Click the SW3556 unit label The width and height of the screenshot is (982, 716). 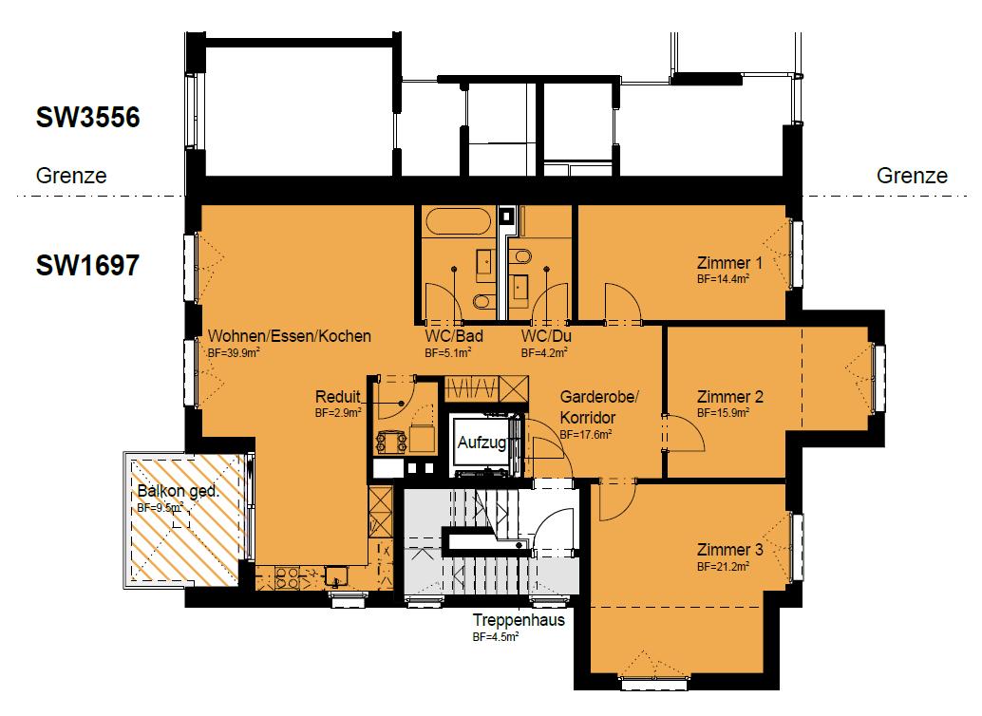87,118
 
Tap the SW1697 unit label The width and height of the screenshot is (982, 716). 87,265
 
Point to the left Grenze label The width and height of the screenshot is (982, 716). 71,176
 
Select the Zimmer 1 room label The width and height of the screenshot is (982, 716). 729,263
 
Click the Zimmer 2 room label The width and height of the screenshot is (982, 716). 730,397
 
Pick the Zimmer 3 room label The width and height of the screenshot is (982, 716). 730,550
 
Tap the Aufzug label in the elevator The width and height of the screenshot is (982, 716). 482,443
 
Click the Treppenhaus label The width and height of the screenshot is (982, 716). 519,620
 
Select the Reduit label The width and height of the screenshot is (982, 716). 338,397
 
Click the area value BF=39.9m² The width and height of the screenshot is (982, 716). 234,352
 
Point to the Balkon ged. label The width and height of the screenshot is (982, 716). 178,491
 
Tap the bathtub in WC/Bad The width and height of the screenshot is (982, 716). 459,221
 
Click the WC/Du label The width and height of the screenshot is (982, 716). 546,336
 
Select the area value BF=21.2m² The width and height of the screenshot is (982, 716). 724,567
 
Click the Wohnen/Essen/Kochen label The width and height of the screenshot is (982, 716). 290,336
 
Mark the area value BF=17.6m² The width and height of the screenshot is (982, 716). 586,434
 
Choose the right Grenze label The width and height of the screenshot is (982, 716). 912,176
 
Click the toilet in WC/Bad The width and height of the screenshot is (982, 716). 482,302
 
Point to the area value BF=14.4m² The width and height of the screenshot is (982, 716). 724,279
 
